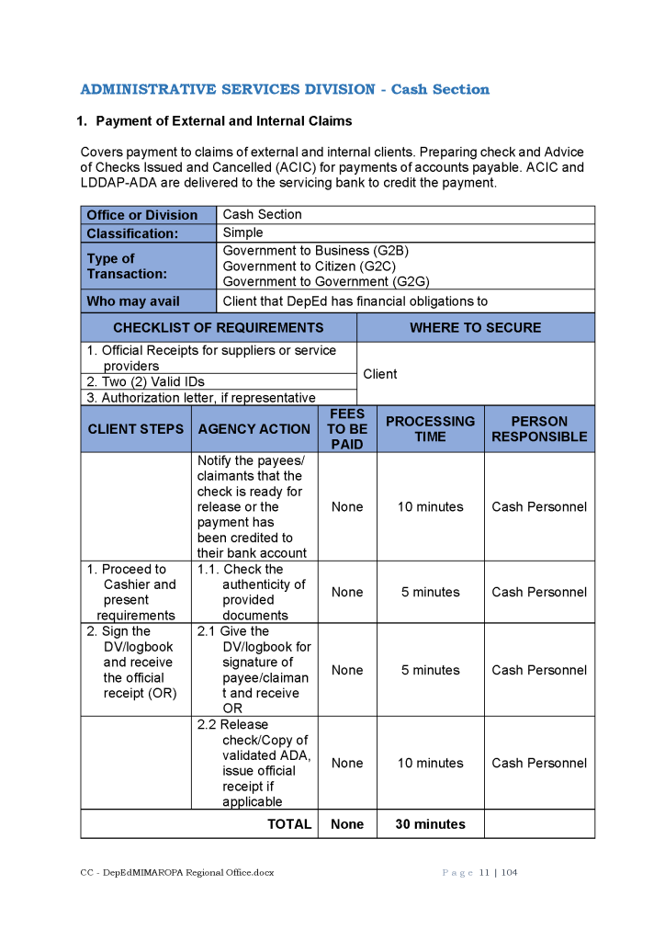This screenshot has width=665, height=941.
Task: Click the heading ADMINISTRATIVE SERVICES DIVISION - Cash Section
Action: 285,89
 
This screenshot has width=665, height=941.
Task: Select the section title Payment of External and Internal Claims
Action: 223,121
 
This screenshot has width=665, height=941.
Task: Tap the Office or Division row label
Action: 142,215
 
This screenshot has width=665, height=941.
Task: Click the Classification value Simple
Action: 242,232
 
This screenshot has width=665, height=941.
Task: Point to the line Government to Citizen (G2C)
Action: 309,266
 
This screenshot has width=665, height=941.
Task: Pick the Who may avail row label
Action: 133,301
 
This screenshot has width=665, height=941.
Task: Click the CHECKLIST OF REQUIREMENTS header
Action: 219,328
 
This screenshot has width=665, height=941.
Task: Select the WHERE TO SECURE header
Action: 475,328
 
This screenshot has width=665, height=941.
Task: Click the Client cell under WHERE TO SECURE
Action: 380,374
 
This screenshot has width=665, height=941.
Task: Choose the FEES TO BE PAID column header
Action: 347,429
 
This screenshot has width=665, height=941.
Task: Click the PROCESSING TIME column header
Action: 430,429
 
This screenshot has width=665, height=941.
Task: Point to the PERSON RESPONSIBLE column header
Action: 539,429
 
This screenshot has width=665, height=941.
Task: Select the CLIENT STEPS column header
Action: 136,429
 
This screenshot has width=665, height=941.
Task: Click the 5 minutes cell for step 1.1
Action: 430,593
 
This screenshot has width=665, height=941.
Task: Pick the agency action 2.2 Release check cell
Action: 254,763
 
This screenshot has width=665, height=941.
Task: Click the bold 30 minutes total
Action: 430,824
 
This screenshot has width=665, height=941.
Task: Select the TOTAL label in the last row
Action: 289,824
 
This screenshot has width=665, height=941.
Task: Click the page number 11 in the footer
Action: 483,873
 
